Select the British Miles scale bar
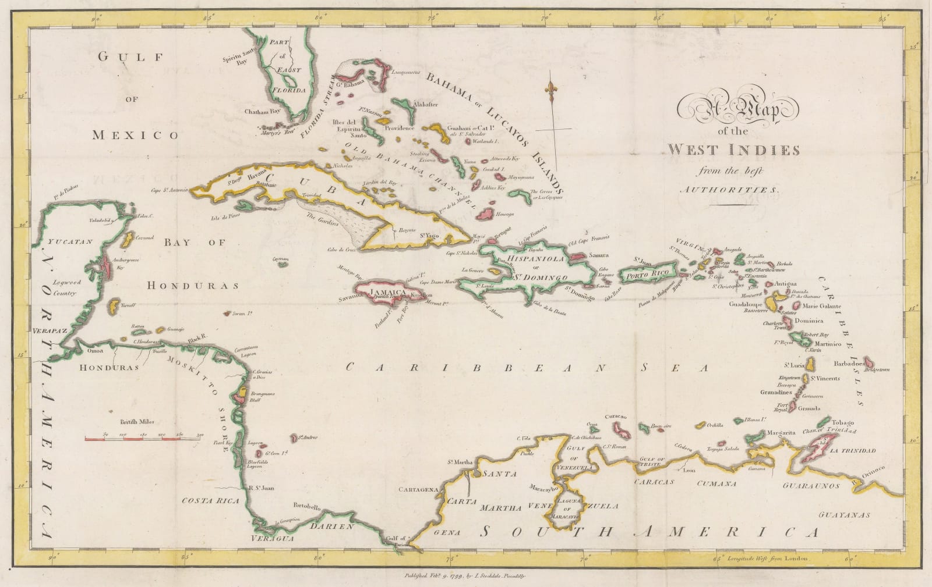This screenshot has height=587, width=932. coord(143,437)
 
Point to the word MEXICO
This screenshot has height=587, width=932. coord(135,136)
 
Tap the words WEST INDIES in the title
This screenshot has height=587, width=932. coord(733,150)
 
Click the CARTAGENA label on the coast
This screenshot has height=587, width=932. coord(418,490)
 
